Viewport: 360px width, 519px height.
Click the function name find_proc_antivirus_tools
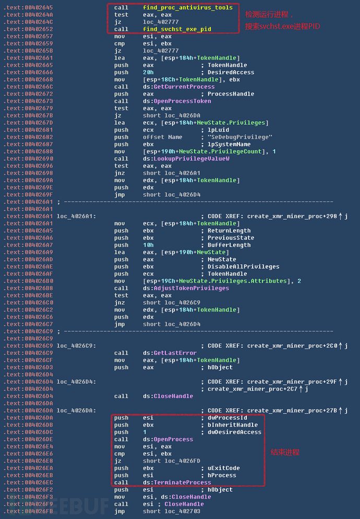pos(188,7)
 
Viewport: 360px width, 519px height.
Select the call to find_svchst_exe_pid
pos(177,29)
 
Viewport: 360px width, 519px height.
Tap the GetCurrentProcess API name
pos(184,87)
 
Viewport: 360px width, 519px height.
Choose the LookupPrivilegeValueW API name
pos(191,159)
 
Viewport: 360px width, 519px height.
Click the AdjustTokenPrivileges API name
pos(191,288)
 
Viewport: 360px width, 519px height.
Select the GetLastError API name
pos(175,353)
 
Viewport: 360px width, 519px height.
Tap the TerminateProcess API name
pos(182,482)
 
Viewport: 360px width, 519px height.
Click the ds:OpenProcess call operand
pos(168,439)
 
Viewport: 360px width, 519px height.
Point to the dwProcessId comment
pos(227,418)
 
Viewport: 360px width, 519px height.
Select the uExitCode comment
pos(224,468)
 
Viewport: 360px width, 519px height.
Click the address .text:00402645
pos(28,7)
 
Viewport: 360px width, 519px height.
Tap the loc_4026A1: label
pos(76,216)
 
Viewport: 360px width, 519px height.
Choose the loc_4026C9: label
pos(76,346)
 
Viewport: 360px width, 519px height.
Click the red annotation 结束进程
pos(285,452)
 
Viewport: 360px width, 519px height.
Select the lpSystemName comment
pos(229,144)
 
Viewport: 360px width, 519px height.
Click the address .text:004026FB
pos(28,511)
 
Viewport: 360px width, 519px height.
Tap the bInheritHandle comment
pos(233,425)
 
